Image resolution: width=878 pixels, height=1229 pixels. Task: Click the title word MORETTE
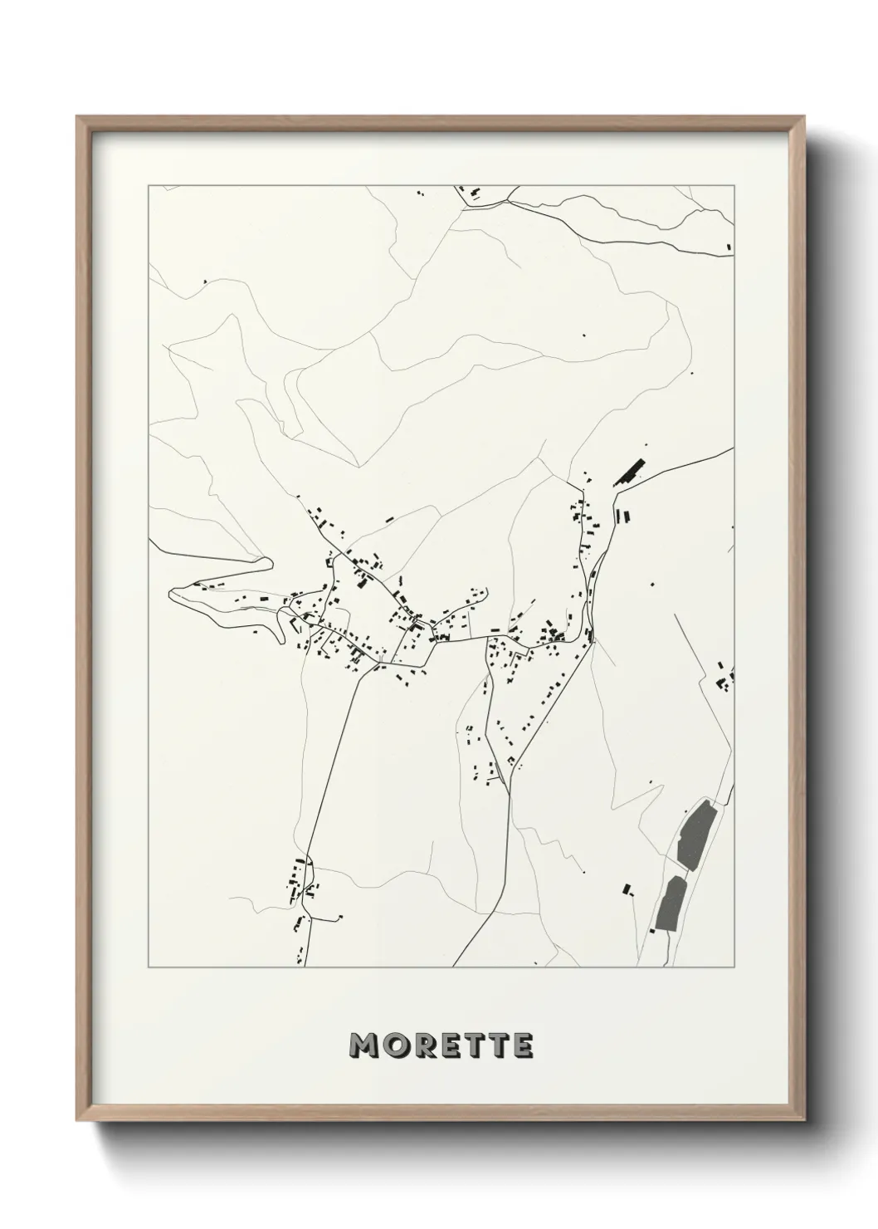(x=441, y=1046)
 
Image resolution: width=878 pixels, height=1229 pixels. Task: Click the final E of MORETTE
(x=523, y=1046)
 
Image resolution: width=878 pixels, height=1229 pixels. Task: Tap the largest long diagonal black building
(x=631, y=472)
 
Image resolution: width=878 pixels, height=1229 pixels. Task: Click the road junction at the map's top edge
(x=507, y=199)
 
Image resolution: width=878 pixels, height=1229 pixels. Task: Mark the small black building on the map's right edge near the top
(x=729, y=245)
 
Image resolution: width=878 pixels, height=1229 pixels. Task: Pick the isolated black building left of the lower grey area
(x=627, y=889)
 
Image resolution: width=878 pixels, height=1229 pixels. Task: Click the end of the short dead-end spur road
(x=341, y=918)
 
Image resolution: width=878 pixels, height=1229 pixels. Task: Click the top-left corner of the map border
(x=148, y=186)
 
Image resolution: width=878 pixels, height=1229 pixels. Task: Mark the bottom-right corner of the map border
(x=734, y=967)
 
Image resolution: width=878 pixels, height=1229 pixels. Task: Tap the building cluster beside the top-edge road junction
(x=476, y=193)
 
